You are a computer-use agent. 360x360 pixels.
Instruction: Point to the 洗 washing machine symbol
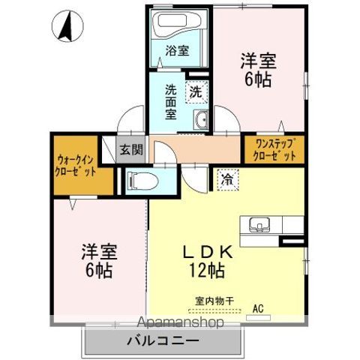click(x=195, y=92)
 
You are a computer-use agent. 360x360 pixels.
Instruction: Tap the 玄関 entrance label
click(x=131, y=149)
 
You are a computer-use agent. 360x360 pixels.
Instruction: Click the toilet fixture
click(x=139, y=180)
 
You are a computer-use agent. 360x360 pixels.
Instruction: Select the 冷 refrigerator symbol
click(x=226, y=179)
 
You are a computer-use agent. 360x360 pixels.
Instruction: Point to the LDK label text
click(x=205, y=253)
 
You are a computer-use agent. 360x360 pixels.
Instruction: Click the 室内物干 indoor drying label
click(x=214, y=301)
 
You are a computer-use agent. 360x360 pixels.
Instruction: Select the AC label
click(x=257, y=307)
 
